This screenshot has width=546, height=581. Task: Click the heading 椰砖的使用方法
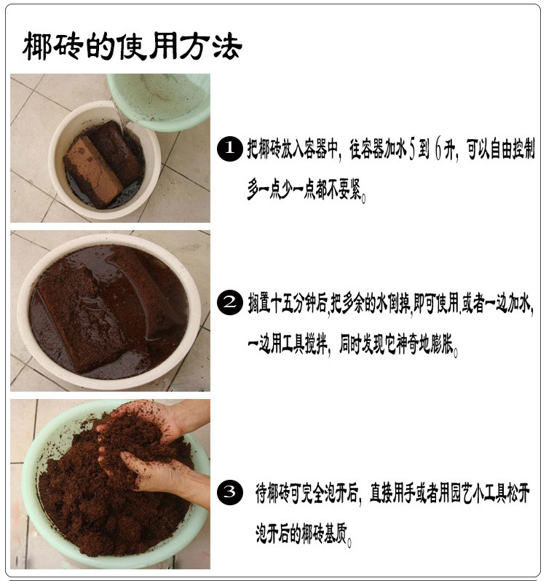tap(132, 47)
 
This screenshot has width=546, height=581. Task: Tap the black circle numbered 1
tap(230, 149)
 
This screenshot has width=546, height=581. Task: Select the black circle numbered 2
tap(230, 302)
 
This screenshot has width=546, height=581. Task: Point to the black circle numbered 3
tap(230, 491)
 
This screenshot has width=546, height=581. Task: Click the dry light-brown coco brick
tap(92, 171)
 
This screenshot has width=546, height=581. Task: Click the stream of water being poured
tap(119, 116)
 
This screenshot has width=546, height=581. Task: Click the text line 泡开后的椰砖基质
tap(302, 534)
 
